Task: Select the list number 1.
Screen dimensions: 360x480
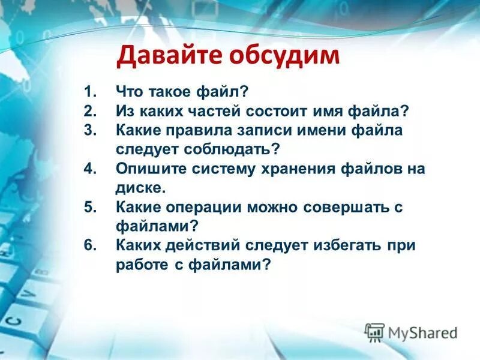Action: pos(90,92)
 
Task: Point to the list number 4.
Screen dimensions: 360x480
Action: pos(90,169)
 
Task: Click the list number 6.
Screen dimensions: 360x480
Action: pos(90,245)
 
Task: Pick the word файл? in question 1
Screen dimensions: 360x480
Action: pos(223,92)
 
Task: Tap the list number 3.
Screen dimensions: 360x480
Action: pos(90,130)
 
